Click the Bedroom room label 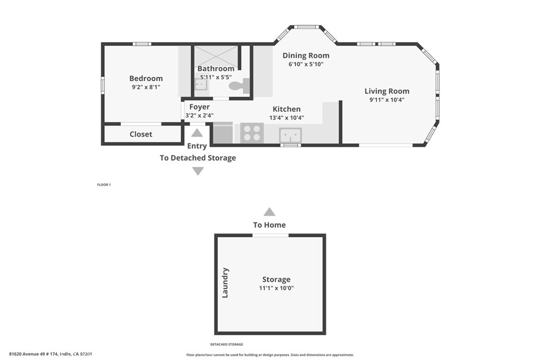[x=146, y=79]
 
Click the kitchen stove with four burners [x=252, y=133]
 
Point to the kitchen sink [x=291, y=134]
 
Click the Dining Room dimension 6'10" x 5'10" [x=305, y=64]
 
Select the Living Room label [x=387, y=91]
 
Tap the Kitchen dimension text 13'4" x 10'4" [x=286, y=118]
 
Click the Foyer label [x=199, y=107]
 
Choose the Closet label [x=141, y=134]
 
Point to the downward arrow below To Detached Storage [x=198, y=171]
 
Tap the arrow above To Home [x=269, y=212]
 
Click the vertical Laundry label [x=225, y=283]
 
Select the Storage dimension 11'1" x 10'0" [x=276, y=288]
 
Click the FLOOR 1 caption [x=104, y=185]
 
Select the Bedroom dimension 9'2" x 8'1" [x=146, y=87]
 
